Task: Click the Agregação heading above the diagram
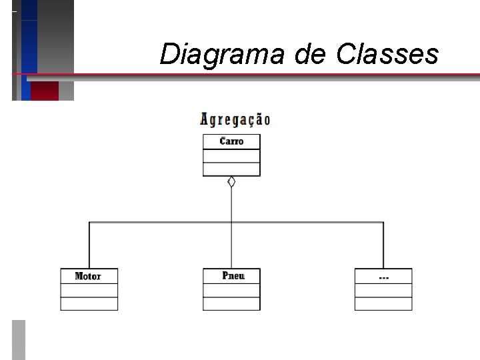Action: coord(235,120)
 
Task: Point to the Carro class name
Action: coord(231,141)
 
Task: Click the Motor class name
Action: coord(88,276)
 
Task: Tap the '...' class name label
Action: coord(383,276)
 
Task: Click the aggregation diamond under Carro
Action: coord(231,182)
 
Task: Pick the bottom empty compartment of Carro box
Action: coord(231,169)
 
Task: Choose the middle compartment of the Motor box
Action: coord(89,290)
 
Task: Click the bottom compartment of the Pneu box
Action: coord(231,303)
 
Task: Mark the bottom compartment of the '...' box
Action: coord(383,303)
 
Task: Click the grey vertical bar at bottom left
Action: coord(19,340)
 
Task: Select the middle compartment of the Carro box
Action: coord(231,155)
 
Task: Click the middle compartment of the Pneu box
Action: coord(231,290)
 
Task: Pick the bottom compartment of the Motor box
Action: coord(89,303)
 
